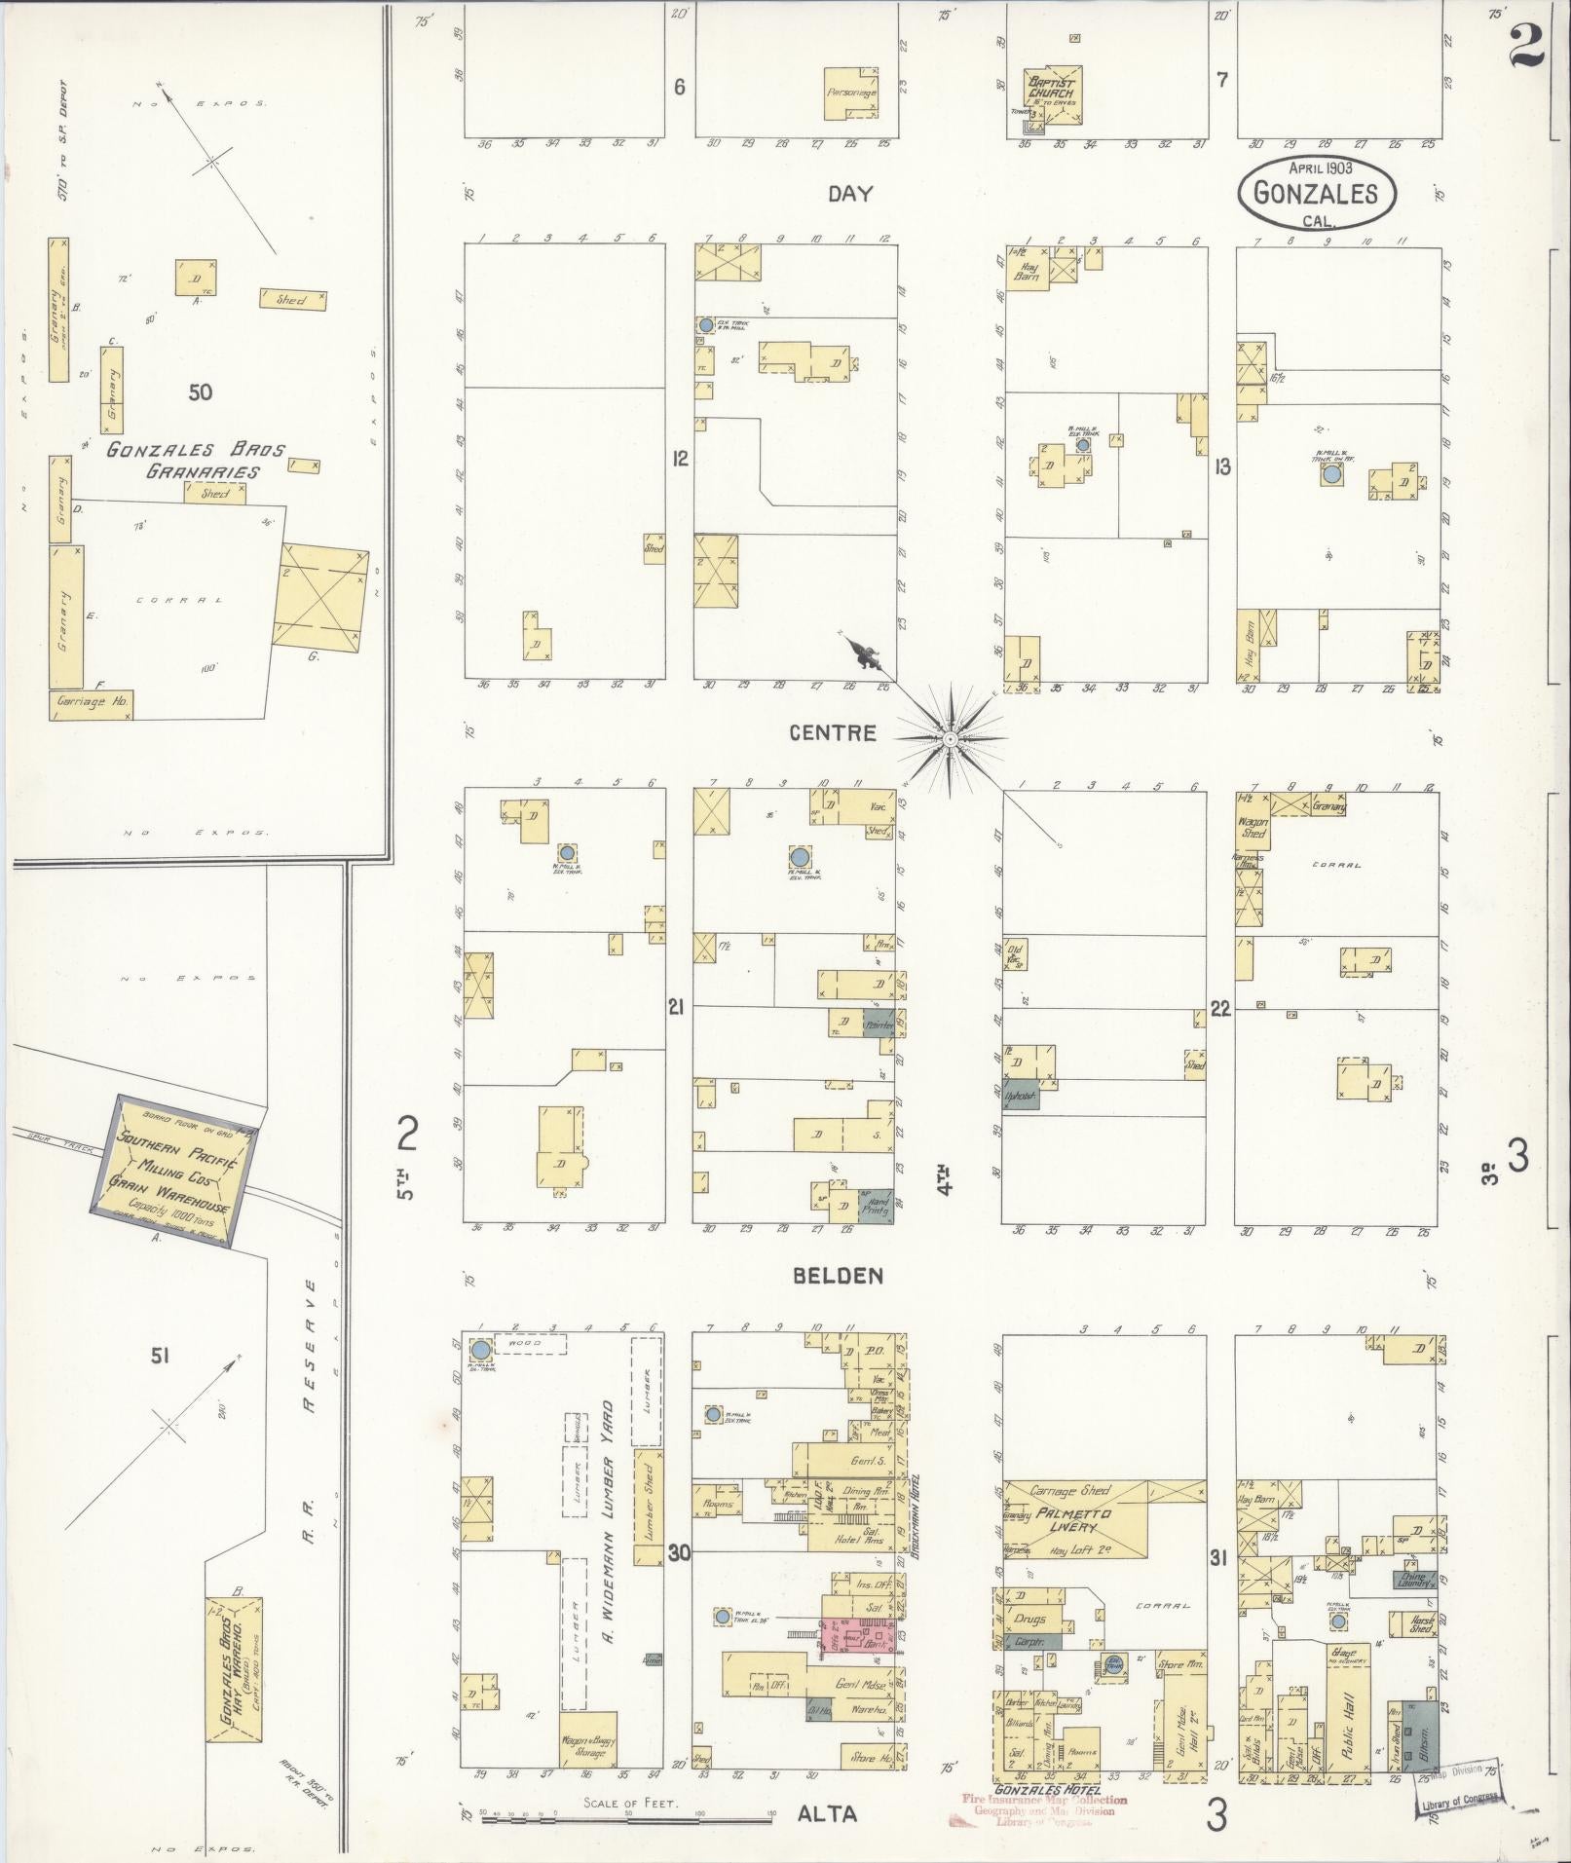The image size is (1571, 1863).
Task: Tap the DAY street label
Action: [849, 194]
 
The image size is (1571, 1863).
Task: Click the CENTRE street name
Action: [832, 733]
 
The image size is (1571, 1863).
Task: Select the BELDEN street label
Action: [838, 1276]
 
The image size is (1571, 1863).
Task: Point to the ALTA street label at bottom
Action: [828, 1813]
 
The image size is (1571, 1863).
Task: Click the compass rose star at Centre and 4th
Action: [950, 740]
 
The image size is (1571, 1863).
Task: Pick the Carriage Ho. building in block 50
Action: [91, 704]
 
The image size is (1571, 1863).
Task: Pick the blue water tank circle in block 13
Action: [1331, 475]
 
